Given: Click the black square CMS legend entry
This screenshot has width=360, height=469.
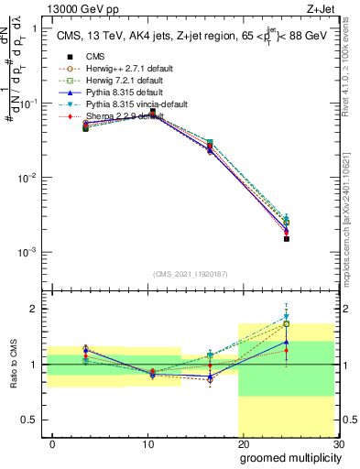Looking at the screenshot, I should (x=95, y=56).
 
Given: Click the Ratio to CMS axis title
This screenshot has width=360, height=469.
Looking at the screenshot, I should (x=14, y=366).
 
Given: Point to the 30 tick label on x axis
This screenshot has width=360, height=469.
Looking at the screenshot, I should (x=338, y=443).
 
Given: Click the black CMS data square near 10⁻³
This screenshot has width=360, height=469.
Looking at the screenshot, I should (x=287, y=238).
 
